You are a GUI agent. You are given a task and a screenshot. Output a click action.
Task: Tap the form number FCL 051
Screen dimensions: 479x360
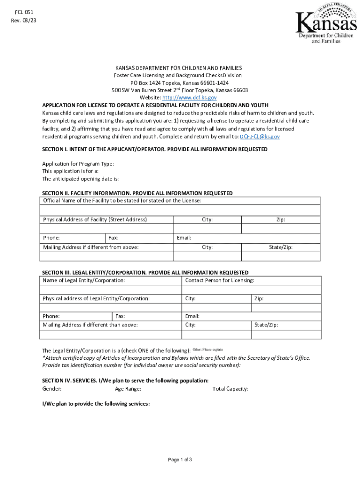pyautogui.click(x=23, y=12)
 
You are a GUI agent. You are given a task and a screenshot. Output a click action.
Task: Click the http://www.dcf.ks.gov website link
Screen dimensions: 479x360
pyautogui.click(x=189, y=98)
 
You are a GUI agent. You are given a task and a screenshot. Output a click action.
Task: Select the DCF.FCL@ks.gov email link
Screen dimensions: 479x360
pyautogui.click(x=259, y=137)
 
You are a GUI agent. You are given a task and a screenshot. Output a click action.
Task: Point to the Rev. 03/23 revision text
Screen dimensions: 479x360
pyautogui.click(x=23, y=21)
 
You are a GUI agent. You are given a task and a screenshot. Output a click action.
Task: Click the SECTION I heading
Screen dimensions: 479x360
pyautogui.click(x=155, y=149)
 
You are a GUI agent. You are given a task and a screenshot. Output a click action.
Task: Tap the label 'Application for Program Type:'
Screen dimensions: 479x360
pyautogui.click(x=78, y=164)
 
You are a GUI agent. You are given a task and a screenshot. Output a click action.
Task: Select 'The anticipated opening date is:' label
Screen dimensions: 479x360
pyautogui.click(x=80, y=179)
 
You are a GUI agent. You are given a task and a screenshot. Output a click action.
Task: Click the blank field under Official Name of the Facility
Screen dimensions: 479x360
pyautogui.click(x=180, y=210)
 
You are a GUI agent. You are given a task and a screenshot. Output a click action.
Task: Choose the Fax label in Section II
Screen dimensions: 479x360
pyautogui.click(x=113, y=238)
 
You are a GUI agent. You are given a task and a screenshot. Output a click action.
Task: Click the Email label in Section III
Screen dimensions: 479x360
pyautogui.click(x=192, y=316)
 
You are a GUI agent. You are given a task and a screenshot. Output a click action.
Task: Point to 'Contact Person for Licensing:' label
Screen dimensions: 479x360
pyautogui.click(x=220, y=281)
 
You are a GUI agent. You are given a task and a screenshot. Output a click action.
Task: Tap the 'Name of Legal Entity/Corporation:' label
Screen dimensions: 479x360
pyautogui.click(x=84, y=281)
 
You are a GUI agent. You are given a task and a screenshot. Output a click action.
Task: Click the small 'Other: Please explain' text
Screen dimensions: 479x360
pyautogui.click(x=208, y=349)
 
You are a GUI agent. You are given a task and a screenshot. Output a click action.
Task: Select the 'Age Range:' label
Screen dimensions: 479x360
pyautogui.click(x=128, y=389)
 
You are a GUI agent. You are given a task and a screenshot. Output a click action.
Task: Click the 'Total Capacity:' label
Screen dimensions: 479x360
pyautogui.click(x=230, y=389)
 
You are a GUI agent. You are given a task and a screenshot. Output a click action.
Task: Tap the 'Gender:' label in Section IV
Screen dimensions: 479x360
pyautogui.click(x=52, y=389)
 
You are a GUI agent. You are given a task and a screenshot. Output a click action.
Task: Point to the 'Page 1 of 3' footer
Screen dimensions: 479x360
pyautogui.click(x=180, y=459)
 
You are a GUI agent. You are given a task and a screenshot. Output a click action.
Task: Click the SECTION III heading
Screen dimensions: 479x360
pyautogui.click(x=145, y=272)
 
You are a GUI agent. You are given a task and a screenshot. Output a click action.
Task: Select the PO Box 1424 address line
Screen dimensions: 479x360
pyautogui.click(x=180, y=83)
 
